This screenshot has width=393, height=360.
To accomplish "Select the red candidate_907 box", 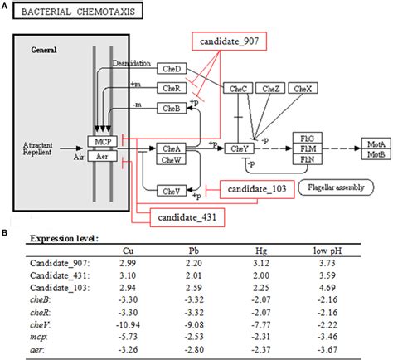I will pyautogui.click(x=225, y=42).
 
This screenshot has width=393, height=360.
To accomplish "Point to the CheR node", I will pyautogui.click(x=172, y=87).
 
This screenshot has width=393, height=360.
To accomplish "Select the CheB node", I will pyautogui.click(x=172, y=108).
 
